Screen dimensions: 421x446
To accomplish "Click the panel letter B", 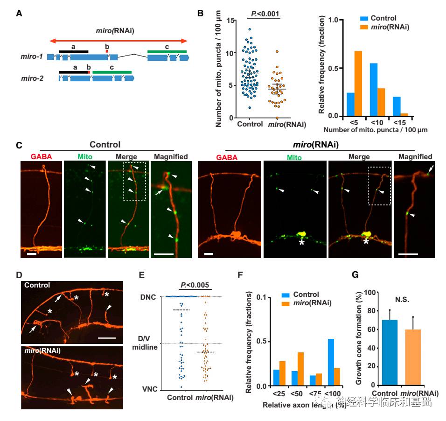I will point(200,13).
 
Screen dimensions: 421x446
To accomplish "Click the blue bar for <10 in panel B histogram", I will point(374,90).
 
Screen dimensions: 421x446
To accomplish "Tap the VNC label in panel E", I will point(153,388).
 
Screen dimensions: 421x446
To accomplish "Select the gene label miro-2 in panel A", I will point(32,78).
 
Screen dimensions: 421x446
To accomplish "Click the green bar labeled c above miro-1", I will point(167,51).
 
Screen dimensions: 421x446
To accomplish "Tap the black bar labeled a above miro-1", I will point(73,51).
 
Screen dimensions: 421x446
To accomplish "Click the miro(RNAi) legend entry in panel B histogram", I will point(384,28).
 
